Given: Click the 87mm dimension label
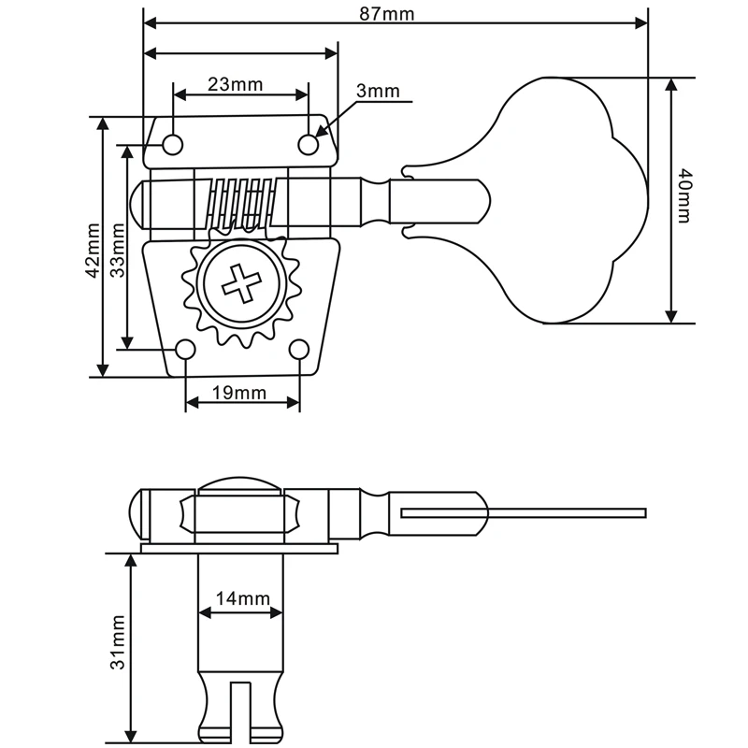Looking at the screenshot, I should pos(395,13).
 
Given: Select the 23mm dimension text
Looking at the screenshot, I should pos(235,84).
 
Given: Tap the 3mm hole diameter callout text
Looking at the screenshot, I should pos(377,91).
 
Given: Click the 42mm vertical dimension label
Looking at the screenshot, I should pos(92,251).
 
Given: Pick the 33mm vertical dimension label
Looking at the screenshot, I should pos(118,251).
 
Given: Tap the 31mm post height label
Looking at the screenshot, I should pos(118,641).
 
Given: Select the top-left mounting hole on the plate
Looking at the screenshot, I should pos(173,143).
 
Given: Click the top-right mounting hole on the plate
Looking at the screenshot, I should pos(309,143).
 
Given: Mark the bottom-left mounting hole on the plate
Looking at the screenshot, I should pos(186,349).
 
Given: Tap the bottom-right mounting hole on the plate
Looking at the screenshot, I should pos(299,349).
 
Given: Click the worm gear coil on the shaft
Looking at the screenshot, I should pos(240,202).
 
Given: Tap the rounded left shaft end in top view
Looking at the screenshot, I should pos(138,203).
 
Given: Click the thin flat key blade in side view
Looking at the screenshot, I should pos(561,512).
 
